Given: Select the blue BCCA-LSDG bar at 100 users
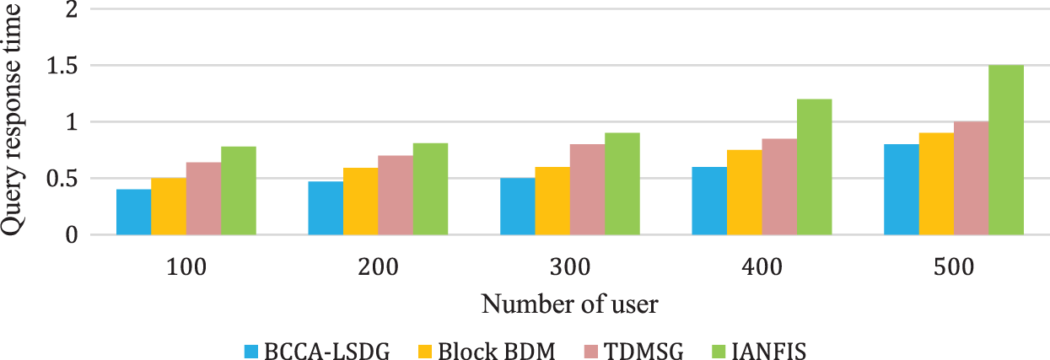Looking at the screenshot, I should pos(133,212).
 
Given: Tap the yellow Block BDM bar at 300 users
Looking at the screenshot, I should pos(552,201).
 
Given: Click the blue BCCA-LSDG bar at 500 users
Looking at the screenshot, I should pos(901,190).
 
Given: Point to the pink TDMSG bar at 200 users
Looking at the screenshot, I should pos(396,196).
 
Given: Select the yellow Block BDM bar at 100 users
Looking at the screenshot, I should pos(169,207).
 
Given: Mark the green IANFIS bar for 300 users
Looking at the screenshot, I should pos(622,184).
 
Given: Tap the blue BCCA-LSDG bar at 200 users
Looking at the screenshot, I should pos(326,208).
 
